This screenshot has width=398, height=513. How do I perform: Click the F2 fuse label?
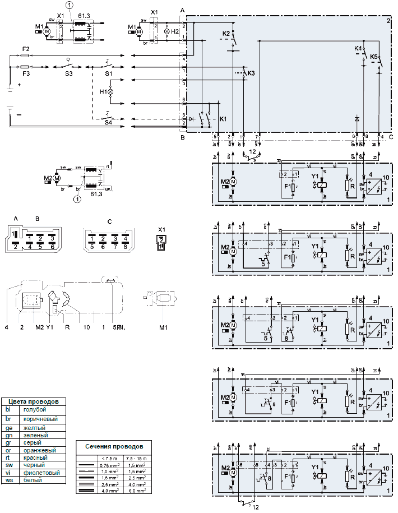[x=25, y=49]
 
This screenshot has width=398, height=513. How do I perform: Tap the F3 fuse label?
[x=25, y=73]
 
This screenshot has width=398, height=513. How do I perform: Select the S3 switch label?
[x=68, y=73]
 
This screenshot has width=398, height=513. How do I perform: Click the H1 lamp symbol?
[x=110, y=91]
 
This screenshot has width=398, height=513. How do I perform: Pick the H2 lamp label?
[x=175, y=32]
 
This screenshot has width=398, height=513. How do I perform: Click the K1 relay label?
[x=223, y=119]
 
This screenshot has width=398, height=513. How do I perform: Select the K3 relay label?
[x=251, y=73]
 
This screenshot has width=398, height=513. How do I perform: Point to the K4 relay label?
[x=358, y=49]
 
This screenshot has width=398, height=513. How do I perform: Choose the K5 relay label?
[x=374, y=57]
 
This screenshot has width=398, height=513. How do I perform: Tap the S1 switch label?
[x=108, y=73]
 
